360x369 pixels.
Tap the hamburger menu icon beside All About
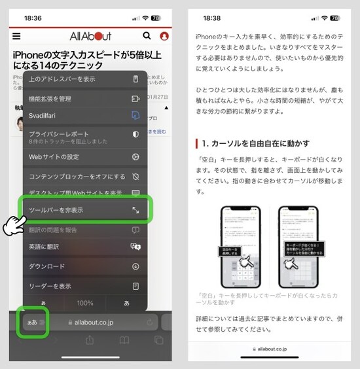click(16, 36)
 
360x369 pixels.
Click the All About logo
click(90, 36)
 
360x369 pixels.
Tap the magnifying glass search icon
click(145, 36)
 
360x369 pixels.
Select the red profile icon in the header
click(164, 36)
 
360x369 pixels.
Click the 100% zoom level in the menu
click(85, 304)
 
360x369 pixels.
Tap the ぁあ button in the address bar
click(33, 323)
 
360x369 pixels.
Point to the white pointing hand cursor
click(13, 226)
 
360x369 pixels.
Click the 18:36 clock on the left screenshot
click(32, 18)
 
